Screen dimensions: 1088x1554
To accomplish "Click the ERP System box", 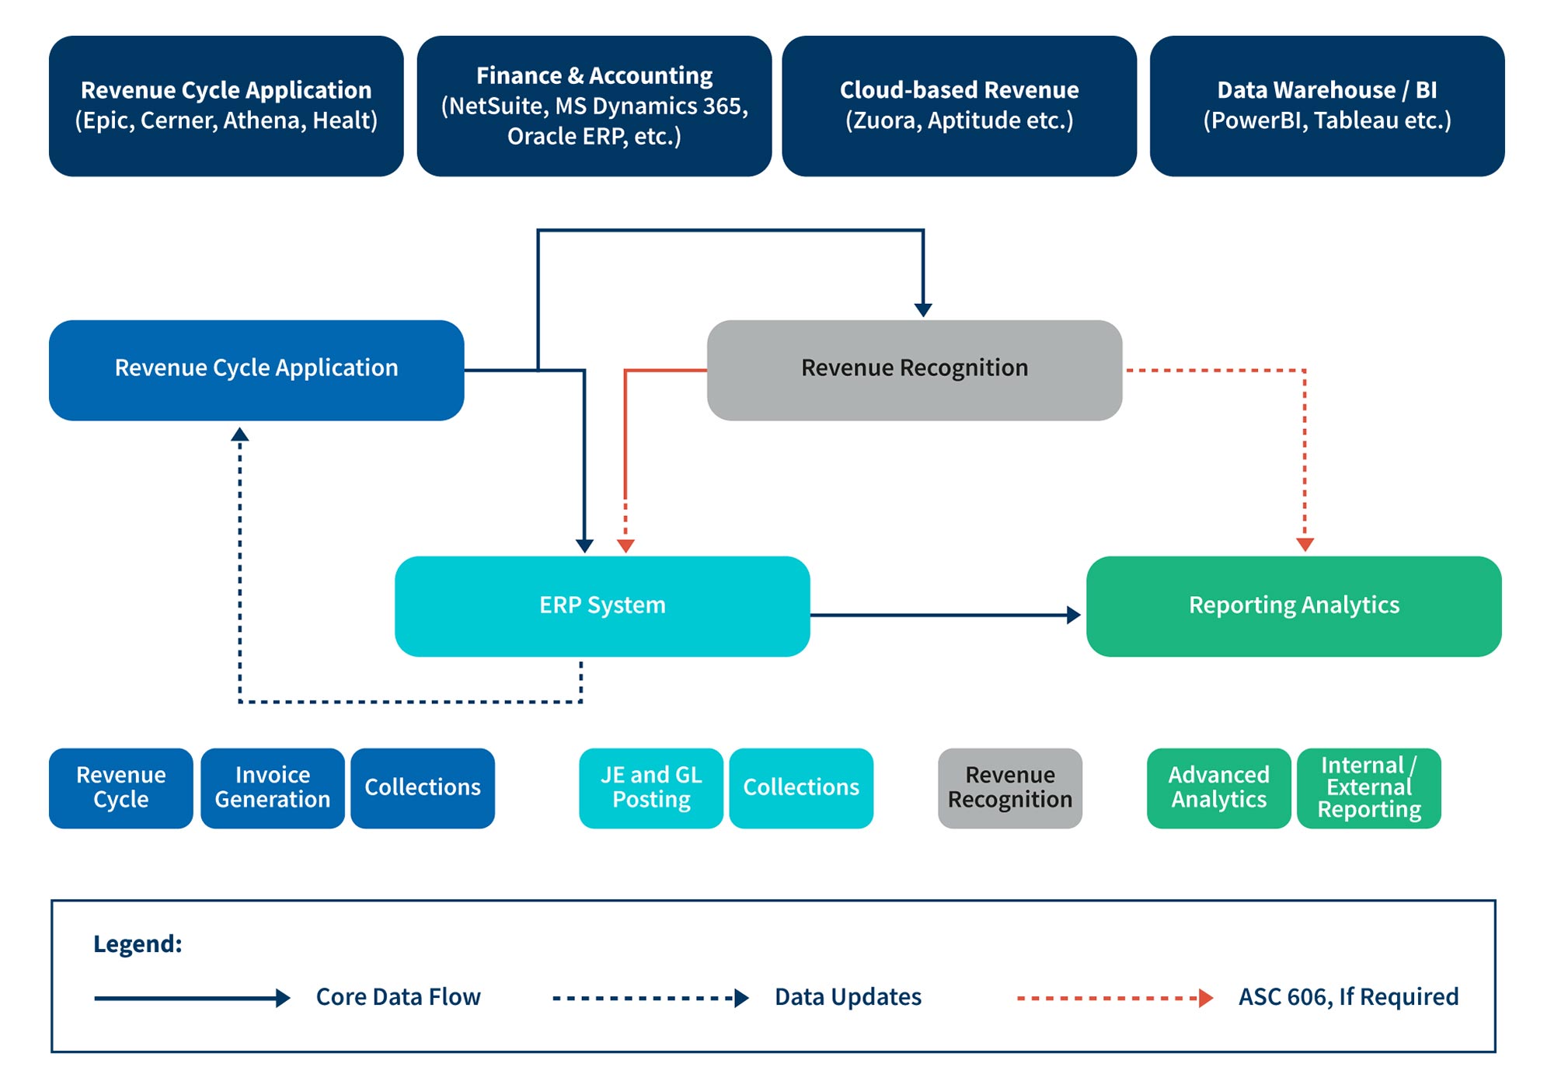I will tap(602, 606).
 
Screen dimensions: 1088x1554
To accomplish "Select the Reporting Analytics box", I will tap(1294, 606).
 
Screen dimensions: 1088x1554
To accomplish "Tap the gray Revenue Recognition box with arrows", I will tap(915, 370).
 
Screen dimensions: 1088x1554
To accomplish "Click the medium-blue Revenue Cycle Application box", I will tap(256, 370).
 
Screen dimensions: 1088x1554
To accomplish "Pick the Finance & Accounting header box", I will tap(594, 106).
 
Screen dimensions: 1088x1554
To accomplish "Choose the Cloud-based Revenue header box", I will tap(959, 106).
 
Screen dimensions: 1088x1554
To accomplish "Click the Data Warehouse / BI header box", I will tap(1327, 106).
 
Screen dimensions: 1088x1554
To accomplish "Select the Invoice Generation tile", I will tap(273, 788).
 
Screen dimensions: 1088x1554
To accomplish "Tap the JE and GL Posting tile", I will tap(651, 788).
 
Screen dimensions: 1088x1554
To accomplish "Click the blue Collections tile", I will tap(423, 788).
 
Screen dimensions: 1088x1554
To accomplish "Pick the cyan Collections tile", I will tap(801, 788).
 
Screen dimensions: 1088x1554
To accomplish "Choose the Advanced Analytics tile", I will tap(1218, 788).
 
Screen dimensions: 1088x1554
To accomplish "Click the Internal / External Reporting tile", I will tap(1369, 788).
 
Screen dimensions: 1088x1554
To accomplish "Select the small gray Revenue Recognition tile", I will tap(1010, 788).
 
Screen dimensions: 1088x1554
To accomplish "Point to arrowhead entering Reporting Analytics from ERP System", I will tap(1074, 615).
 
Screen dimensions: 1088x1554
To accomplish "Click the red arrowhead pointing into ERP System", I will tap(625, 546).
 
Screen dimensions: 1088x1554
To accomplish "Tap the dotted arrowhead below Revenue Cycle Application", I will tap(240, 434).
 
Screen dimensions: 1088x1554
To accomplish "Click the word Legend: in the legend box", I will tap(138, 944).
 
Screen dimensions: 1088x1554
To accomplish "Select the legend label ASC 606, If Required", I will tap(1348, 997).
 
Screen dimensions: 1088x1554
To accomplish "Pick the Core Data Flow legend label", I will tap(398, 997).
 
